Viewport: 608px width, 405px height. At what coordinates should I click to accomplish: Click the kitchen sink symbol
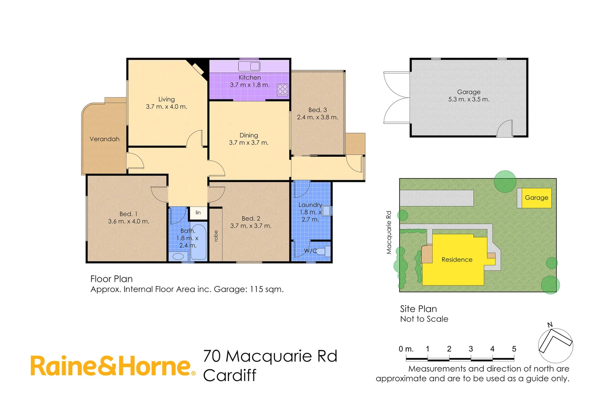(250, 66)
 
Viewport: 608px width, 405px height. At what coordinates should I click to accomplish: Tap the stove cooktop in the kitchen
(282, 89)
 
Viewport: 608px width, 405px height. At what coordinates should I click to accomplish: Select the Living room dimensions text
(166, 107)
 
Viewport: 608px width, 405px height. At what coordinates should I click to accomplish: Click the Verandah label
(104, 139)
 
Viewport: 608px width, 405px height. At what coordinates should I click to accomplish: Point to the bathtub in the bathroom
(199, 242)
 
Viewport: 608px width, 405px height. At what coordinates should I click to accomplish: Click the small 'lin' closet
(198, 213)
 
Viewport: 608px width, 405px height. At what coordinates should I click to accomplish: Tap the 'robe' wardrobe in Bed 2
(216, 235)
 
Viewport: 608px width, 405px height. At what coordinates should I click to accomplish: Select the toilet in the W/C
(323, 250)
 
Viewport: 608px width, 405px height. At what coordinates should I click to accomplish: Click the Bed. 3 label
(318, 110)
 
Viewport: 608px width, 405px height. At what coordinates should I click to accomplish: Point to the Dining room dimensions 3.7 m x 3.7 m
(248, 143)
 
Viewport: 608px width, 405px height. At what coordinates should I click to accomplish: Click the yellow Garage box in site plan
(536, 198)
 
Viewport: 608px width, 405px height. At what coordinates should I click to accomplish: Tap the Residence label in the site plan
(457, 259)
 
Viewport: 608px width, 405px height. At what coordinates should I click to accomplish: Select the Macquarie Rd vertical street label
(389, 232)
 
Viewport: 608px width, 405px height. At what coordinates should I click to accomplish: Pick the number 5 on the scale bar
(514, 349)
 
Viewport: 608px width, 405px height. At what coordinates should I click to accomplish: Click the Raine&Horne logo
(113, 366)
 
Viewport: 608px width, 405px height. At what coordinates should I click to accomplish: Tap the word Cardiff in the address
(230, 375)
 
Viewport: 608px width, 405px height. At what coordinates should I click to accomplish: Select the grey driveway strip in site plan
(436, 198)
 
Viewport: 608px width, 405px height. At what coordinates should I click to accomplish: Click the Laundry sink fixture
(326, 211)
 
